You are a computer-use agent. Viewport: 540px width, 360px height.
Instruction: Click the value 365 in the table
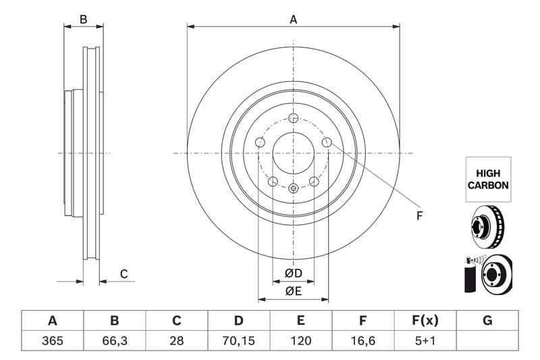coord(52,340)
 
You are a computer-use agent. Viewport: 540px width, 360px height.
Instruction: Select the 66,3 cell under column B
coord(114,340)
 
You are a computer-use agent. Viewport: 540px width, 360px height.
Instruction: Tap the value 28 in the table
coord(177,340)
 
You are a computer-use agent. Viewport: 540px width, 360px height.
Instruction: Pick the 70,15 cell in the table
coord(239,340)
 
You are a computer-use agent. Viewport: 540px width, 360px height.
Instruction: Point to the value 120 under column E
coord(301,340)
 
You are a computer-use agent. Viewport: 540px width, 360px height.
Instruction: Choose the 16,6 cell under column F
coord(363,340)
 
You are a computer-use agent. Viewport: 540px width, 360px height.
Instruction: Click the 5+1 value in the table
coord(425,340)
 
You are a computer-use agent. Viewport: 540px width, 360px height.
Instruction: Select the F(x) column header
coord(425,321)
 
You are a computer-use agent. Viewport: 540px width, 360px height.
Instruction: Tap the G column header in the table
coord(487,321)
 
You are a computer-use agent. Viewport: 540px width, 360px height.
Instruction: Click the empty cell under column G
coord(487,340)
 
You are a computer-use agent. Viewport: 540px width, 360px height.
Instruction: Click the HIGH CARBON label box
coord(488,179)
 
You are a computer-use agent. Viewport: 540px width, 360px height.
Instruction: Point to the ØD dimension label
coord(293,274)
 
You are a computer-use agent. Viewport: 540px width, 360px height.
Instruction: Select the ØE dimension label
coord(293,291)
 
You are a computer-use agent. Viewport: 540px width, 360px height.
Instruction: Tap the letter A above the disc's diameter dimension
coord(294,20)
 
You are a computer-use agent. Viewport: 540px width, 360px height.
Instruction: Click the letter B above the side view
coord(84,20)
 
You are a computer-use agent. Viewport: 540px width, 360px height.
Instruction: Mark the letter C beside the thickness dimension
coord(124,274)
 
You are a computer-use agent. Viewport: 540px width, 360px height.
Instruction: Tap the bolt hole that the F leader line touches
coord(327,142)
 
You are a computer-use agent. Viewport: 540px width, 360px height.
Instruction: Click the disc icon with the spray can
coord(487,274)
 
